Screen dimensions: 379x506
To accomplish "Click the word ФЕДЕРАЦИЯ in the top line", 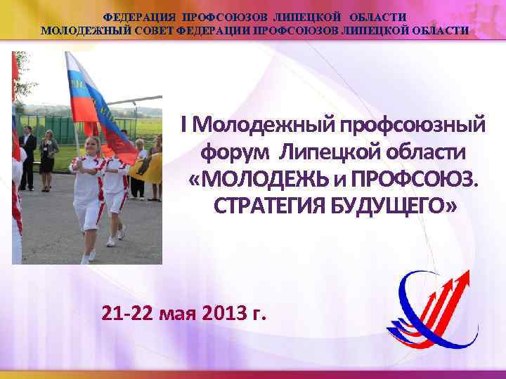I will coord(138,17).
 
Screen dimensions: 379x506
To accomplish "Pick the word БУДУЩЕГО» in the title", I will coord(398,206).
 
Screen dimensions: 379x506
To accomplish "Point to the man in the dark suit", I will coord(27,158).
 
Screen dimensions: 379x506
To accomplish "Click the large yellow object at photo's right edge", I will coord(152,168).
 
